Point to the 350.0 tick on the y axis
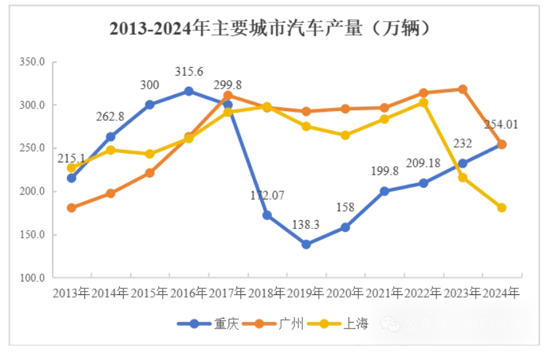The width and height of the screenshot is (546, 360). click(x=32, y=62)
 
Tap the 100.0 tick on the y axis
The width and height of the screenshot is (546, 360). click(x=32, y=278)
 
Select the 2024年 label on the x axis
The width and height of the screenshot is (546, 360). click(x=501, y=293)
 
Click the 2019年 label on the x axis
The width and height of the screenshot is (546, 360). click(x=306, y=293)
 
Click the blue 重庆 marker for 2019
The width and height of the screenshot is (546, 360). click(x=306, y=244)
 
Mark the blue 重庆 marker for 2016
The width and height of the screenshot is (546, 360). click(x=189, y=91)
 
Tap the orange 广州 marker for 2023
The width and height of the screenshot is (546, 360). click(x=463, y=89)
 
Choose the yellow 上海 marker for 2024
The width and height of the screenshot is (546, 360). click(x=501, y=208)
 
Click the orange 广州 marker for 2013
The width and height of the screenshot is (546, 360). click(x=72, y=208)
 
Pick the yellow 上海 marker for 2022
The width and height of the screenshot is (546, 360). click(x=423, y=102)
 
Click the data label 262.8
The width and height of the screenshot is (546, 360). click(x=110, y=117)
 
